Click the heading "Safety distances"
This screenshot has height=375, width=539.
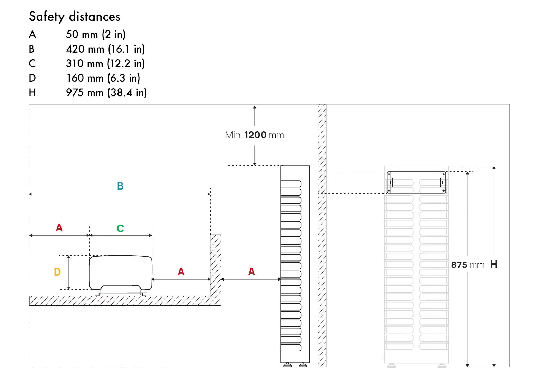75,17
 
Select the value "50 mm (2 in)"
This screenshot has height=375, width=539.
96,35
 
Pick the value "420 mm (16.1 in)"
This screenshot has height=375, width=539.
105,49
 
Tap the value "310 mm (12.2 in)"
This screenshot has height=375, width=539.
105,64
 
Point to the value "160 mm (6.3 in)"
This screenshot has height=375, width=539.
103,78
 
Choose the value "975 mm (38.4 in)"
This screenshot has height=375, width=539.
106,93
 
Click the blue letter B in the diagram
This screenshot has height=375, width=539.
120,186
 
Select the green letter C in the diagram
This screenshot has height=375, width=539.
120,228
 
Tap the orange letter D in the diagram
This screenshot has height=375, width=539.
57,272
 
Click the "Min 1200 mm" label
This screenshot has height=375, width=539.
255,135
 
